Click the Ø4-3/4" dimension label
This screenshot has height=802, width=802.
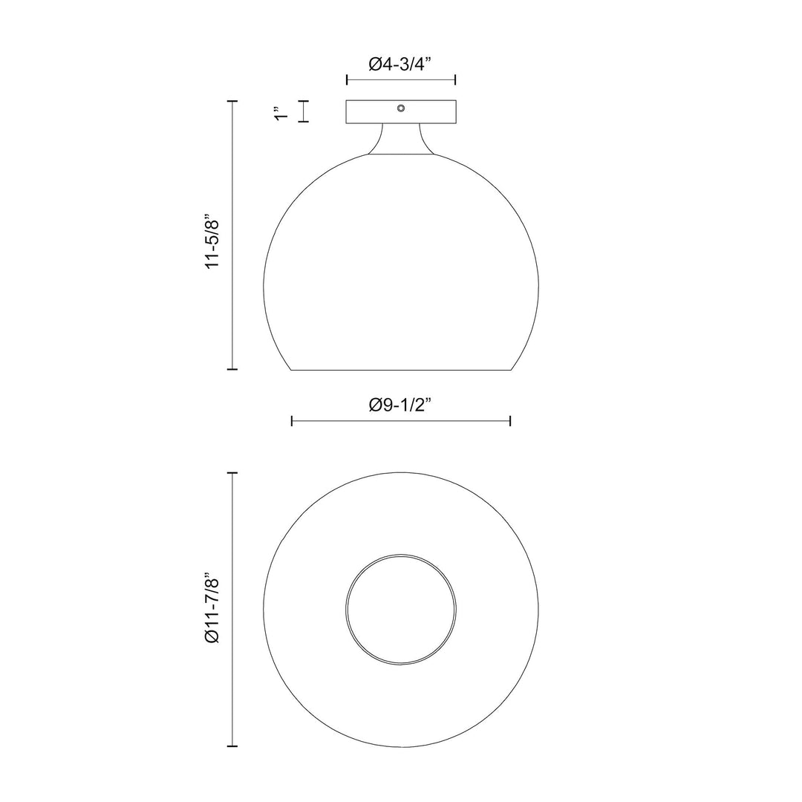point(400,65)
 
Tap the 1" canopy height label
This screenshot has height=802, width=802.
point(280,112)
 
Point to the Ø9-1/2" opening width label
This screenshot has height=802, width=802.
point(400,405)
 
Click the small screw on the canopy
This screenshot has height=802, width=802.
point(401,108)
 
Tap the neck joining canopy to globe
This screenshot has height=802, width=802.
point(401,141)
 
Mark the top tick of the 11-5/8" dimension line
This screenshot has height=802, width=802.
point(233,101)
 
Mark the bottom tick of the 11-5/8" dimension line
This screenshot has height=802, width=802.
point(233,368)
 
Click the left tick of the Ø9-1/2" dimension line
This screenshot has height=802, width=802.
point(292,421)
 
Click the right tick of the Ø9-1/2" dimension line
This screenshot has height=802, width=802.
point(510,421)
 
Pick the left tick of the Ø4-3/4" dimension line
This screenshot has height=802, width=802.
point(347,79)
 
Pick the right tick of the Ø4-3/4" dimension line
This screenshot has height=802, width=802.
point(455,79)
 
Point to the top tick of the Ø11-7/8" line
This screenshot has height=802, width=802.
point(233,473)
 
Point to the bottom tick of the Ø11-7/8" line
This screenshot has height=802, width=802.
point(233,745)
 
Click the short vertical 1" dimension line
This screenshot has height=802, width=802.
point(303,111)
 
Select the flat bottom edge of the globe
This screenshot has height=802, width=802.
point(401,369)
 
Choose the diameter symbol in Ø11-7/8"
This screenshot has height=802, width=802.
point(214,636)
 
